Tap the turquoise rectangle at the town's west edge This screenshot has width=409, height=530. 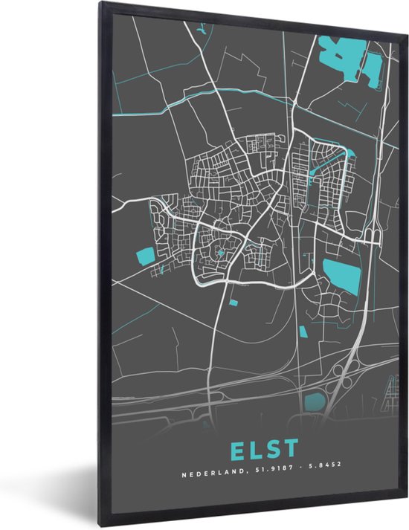point(146,256)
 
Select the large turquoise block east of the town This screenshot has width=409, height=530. point(341,276)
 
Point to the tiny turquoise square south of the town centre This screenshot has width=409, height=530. point(232,302)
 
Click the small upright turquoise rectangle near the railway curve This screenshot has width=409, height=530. point(303,330)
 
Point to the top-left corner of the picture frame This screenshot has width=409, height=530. point(98,4)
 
